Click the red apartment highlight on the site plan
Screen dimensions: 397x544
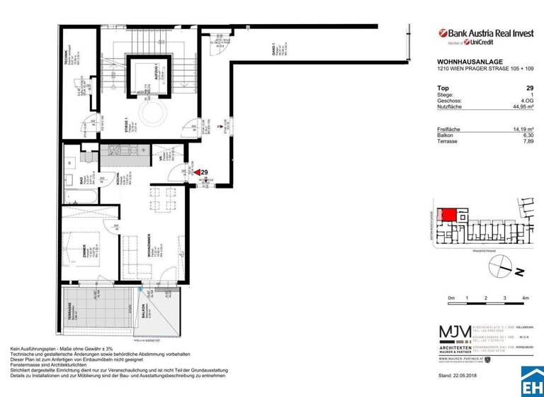pos(447,215)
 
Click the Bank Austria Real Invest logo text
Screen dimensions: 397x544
pos(488,33)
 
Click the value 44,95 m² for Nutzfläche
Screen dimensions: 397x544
pos(520,108)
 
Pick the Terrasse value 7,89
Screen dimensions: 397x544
pos(526,140)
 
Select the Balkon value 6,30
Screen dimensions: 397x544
pos(526,134)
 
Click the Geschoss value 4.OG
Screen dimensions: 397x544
pos(525,101)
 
